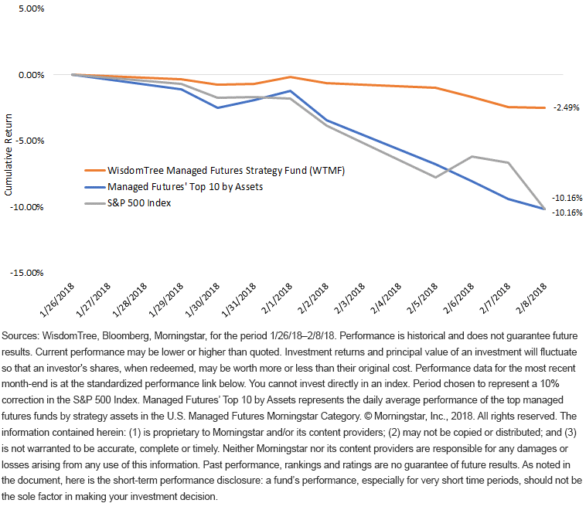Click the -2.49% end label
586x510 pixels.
pyautogui.click(x=566, y=107)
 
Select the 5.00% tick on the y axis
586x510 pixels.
pyautogui.click(x=32, y=8)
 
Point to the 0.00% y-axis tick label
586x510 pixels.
pyautogui.click(x=32, y=75)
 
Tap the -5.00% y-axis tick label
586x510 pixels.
pyautogui.click(x=30, y=141)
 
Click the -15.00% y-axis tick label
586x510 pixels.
pyautogui.click(x=27, y=273)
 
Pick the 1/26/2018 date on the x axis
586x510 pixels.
pyautogui.click(x=56, y=301)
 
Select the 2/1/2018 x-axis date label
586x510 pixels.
pyautogui.click(x=277, y=298)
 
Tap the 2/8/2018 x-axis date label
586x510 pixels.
pyautogui.click(x=531, y=298)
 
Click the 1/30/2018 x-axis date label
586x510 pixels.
pyautogui.click(x=203, y=301)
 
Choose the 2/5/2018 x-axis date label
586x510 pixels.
pyautogui.click(x=422, y=298)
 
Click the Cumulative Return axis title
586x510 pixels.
pyautogui.click(x=9, y=155)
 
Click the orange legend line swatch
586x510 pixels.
pyautogui.click(x=95, y=171)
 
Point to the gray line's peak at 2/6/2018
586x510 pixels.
pyautogui.click(x=472, y=157)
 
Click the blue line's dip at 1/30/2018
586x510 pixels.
pyautogui.click(x=217, y=107)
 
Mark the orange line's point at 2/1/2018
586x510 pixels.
pyautogui.click(x=291, y=77)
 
